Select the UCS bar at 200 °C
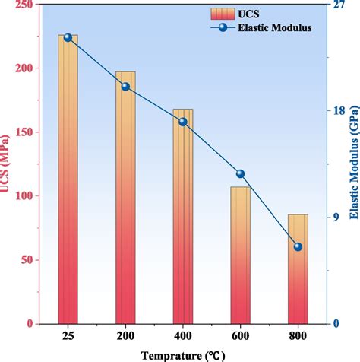125,198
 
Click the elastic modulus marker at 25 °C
68,37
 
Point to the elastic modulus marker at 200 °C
125,87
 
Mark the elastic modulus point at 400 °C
183,122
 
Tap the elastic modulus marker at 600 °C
241,173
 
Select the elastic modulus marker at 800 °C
298,246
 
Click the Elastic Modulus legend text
279,28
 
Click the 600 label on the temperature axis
241,335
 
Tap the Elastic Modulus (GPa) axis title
354,164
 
